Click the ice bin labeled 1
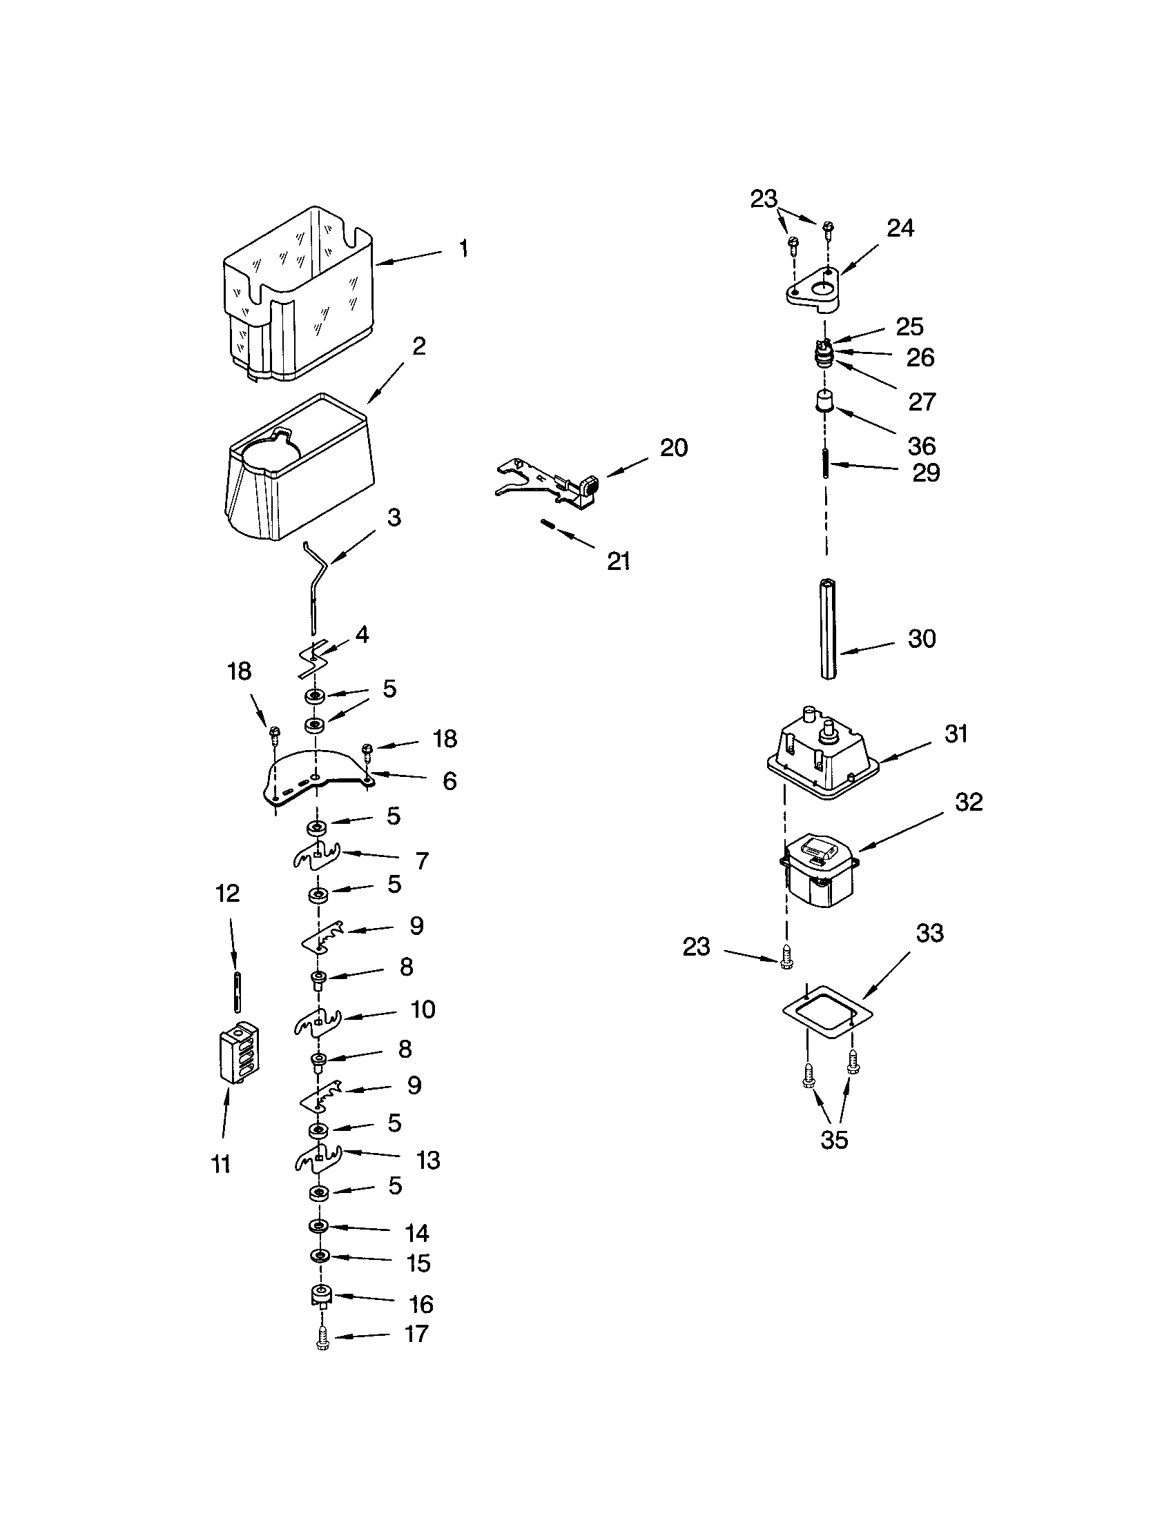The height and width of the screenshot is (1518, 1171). (298, 295)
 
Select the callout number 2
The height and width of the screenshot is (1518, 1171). (418, 346)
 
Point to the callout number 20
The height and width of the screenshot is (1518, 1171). (673, 448)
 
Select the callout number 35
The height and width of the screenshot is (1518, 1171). (834, 1140)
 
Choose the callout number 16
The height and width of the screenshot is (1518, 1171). (420, 1304)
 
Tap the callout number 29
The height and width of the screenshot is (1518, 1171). (925, 473)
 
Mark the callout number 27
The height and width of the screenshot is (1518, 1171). (922, 402)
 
